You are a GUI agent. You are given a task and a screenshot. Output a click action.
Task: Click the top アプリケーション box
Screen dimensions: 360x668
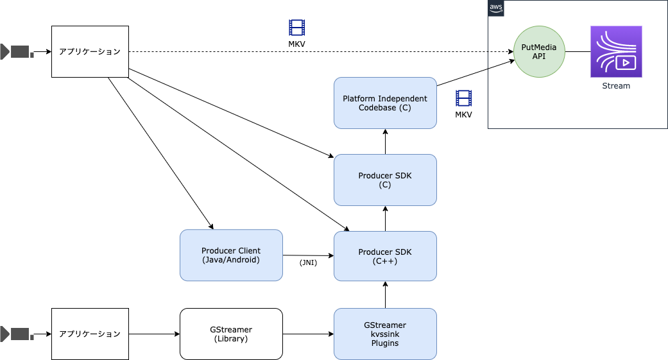point(90,51)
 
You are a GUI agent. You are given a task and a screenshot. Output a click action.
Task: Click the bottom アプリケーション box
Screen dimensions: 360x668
point(90,334)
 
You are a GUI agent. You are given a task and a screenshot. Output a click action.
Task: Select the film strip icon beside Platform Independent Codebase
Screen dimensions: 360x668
point(463,98)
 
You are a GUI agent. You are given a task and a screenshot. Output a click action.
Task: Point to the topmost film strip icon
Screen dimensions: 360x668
point(296,28)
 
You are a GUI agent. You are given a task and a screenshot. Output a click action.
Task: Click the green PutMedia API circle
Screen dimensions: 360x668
point(539,51)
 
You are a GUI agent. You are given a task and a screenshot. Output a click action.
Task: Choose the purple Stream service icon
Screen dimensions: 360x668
point(616,51)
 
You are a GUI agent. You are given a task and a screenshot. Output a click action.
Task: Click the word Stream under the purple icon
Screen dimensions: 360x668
point(616,86)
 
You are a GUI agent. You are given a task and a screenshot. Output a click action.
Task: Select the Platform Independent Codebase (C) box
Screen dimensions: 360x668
point(385,103)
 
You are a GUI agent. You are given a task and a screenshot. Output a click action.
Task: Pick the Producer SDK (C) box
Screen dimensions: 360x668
point(385,180)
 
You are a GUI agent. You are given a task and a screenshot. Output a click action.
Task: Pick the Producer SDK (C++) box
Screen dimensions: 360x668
point(385,256)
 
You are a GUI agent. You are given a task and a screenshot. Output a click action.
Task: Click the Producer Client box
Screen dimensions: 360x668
point(231,255)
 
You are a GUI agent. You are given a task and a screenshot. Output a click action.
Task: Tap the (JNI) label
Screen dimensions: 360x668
point(308,262)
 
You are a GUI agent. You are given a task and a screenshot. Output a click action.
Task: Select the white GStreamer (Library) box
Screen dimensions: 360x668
point(231,334)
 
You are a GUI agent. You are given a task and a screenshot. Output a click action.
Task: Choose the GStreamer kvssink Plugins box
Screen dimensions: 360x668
point(385,334)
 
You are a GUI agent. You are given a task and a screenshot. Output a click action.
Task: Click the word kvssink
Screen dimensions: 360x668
point(385,334)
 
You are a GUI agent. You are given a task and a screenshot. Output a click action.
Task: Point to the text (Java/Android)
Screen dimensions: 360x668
point(231,260)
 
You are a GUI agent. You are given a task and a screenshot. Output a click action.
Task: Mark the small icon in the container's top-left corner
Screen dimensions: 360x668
point(496,8)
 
